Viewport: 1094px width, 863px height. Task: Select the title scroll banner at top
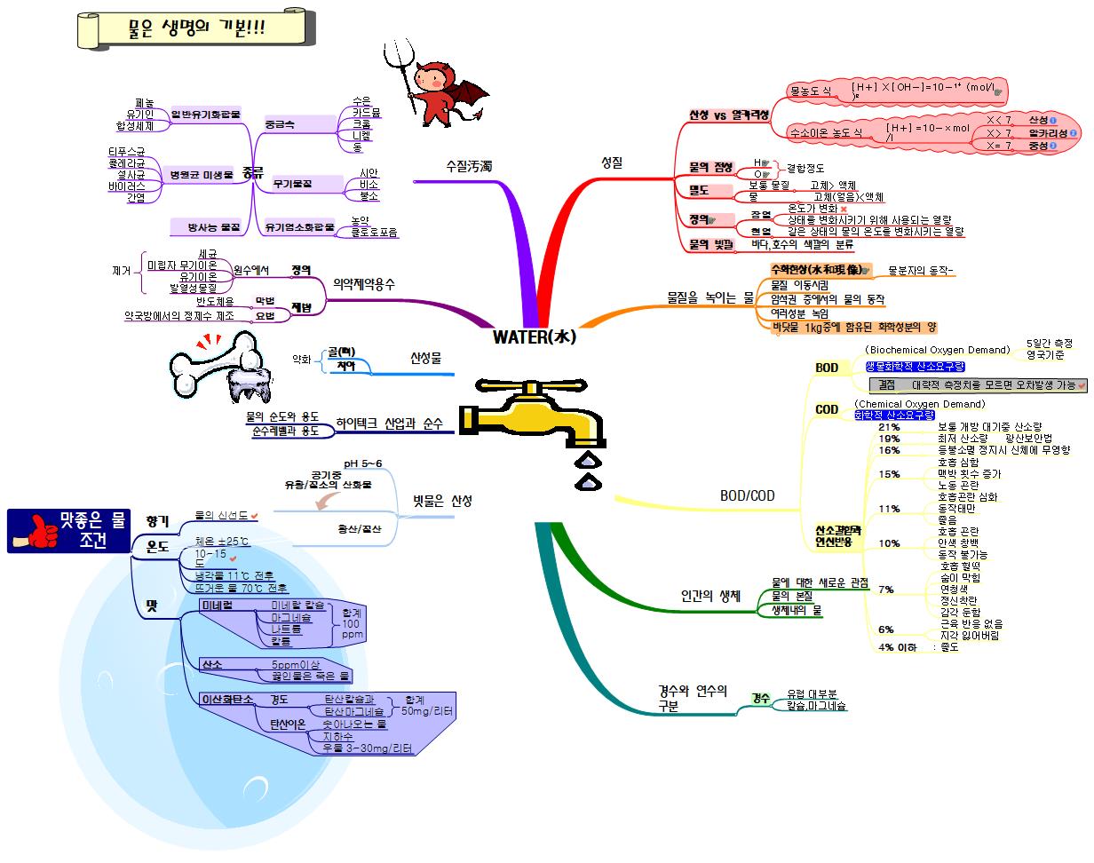(196, 28)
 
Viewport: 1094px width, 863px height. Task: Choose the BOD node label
(826, 368)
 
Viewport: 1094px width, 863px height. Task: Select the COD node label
(826, 410)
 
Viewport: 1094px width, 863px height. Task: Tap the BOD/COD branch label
(747, 495)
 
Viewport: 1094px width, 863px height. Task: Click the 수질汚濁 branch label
(470, 166)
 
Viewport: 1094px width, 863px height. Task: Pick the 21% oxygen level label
(889, 427)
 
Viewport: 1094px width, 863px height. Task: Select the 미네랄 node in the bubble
(217, 605)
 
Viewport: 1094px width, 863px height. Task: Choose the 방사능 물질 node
(214, 227)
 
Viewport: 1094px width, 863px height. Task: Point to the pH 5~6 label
(363, 463)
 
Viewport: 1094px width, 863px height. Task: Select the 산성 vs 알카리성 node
(728, 115)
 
